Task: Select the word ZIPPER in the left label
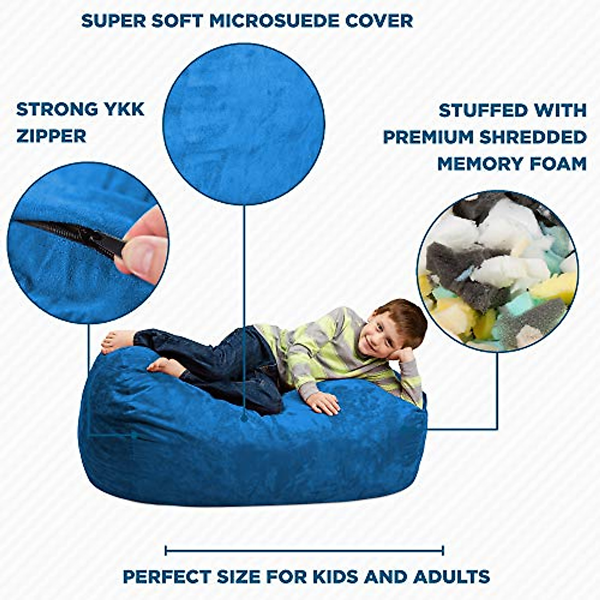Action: click(51, 136)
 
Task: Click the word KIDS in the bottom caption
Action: click(335, 576)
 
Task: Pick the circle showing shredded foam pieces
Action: click(497, 270)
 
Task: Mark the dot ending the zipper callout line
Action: click(134, 436)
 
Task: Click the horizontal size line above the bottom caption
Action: click(304, 551)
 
